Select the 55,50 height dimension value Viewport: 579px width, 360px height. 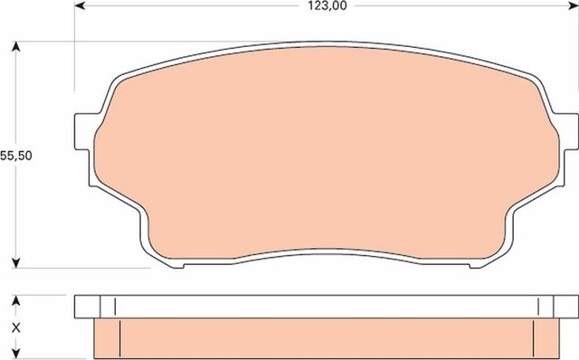pos(16,155)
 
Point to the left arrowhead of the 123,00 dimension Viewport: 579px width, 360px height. pos(79,5)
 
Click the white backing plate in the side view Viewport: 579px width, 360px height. pos(327,306)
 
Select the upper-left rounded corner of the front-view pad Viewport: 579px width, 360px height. pos(118,81)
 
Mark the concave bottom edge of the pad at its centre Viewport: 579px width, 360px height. pos(327,252)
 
